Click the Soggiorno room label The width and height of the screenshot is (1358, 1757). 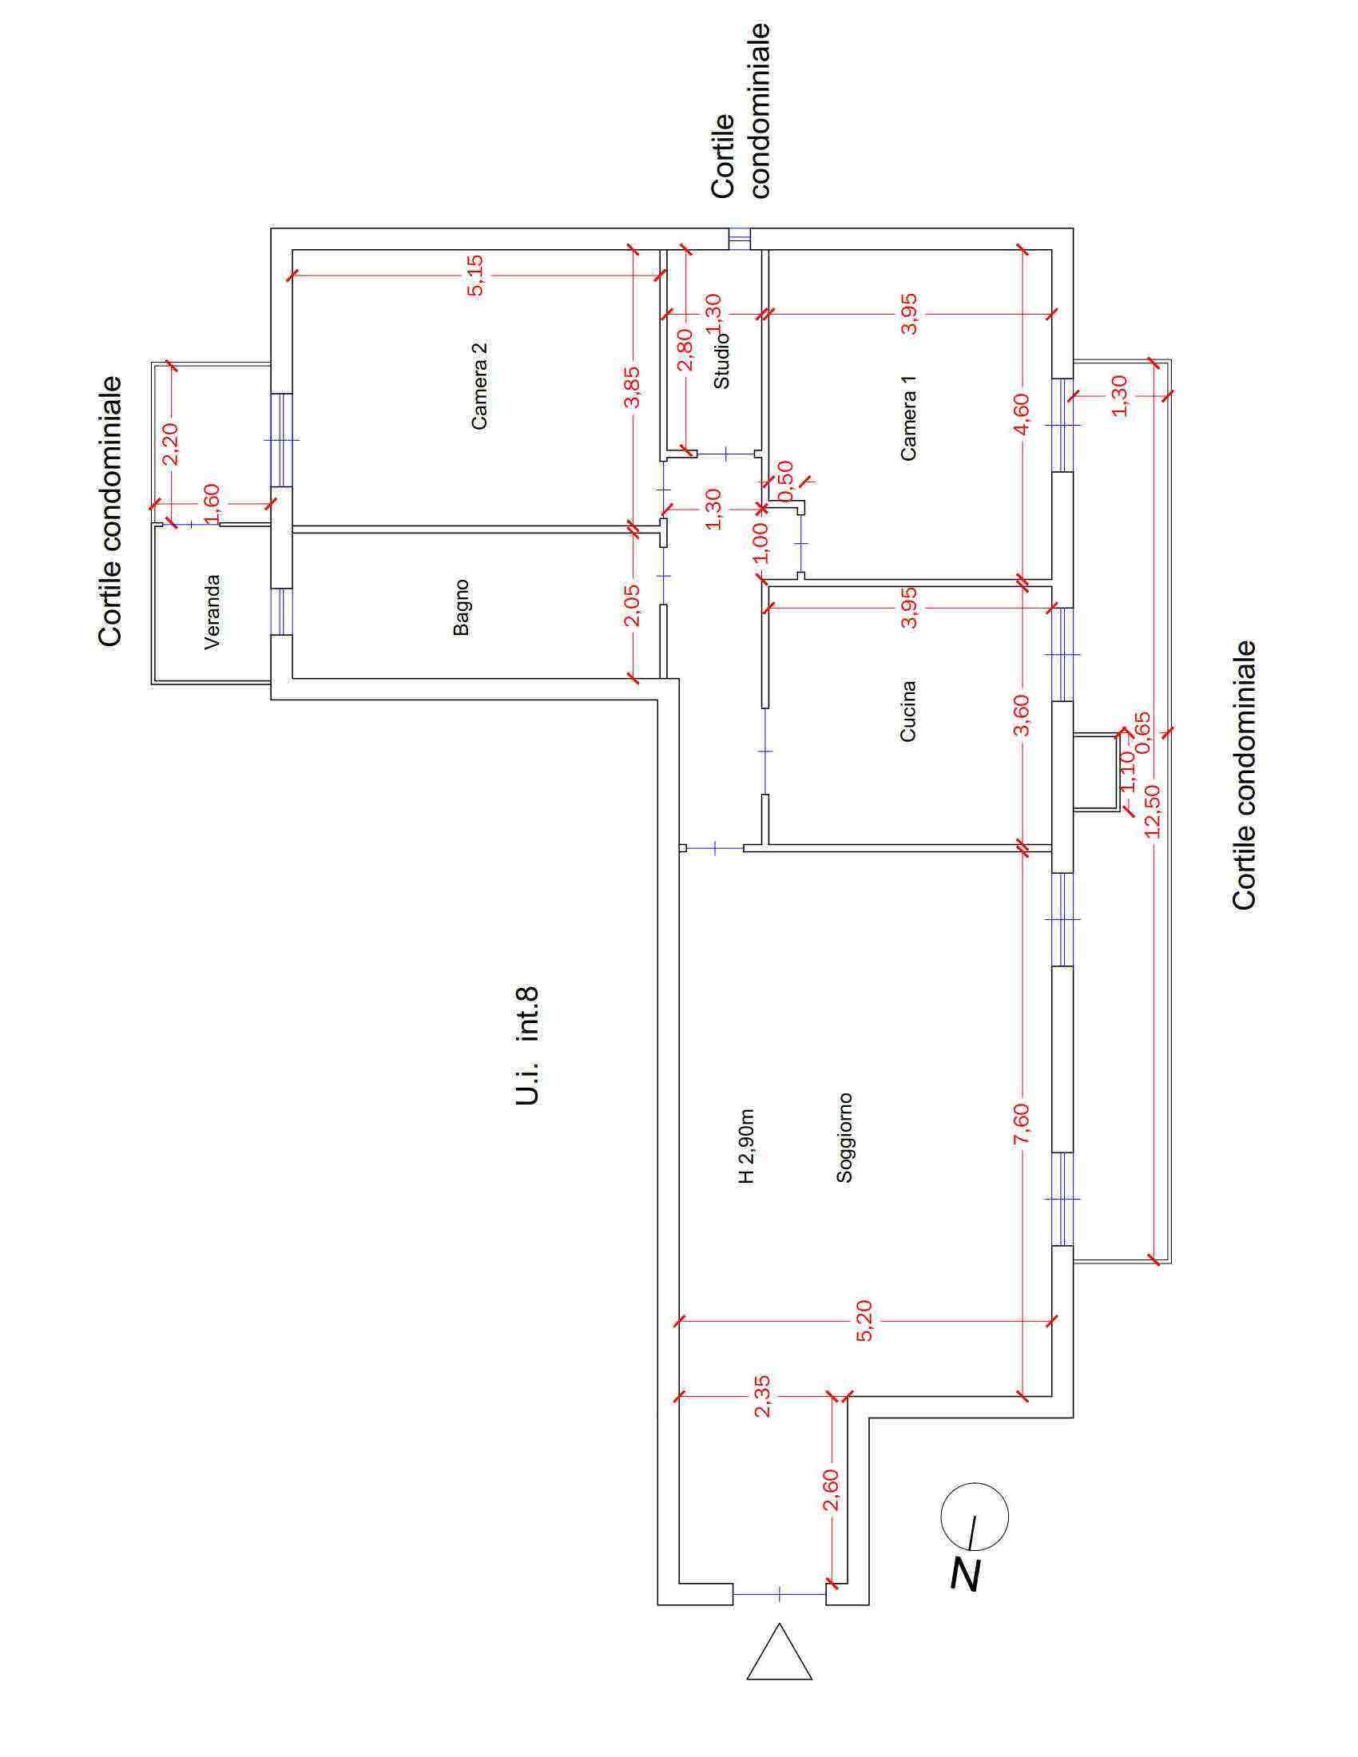click(844, 1136)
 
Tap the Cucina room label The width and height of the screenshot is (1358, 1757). click(908, 711)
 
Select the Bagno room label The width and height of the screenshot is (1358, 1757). click(461, 608)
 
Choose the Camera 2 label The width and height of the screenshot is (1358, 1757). click(479, 387)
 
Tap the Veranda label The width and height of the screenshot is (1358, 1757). click(212, 612)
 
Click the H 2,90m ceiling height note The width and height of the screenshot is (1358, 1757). click(747, 1146)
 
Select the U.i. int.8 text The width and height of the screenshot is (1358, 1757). click(526, 1046)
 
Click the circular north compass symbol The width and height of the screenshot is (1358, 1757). click(974, 1516)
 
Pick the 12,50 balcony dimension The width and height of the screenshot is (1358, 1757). click(1152, 810)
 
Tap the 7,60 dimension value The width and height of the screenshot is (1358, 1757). click(1021, 1126)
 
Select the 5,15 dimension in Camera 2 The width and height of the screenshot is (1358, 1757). click(475, 276)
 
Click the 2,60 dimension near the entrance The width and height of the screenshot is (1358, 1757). click(831, 1490)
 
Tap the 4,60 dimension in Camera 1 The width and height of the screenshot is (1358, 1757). click(1021, 414)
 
